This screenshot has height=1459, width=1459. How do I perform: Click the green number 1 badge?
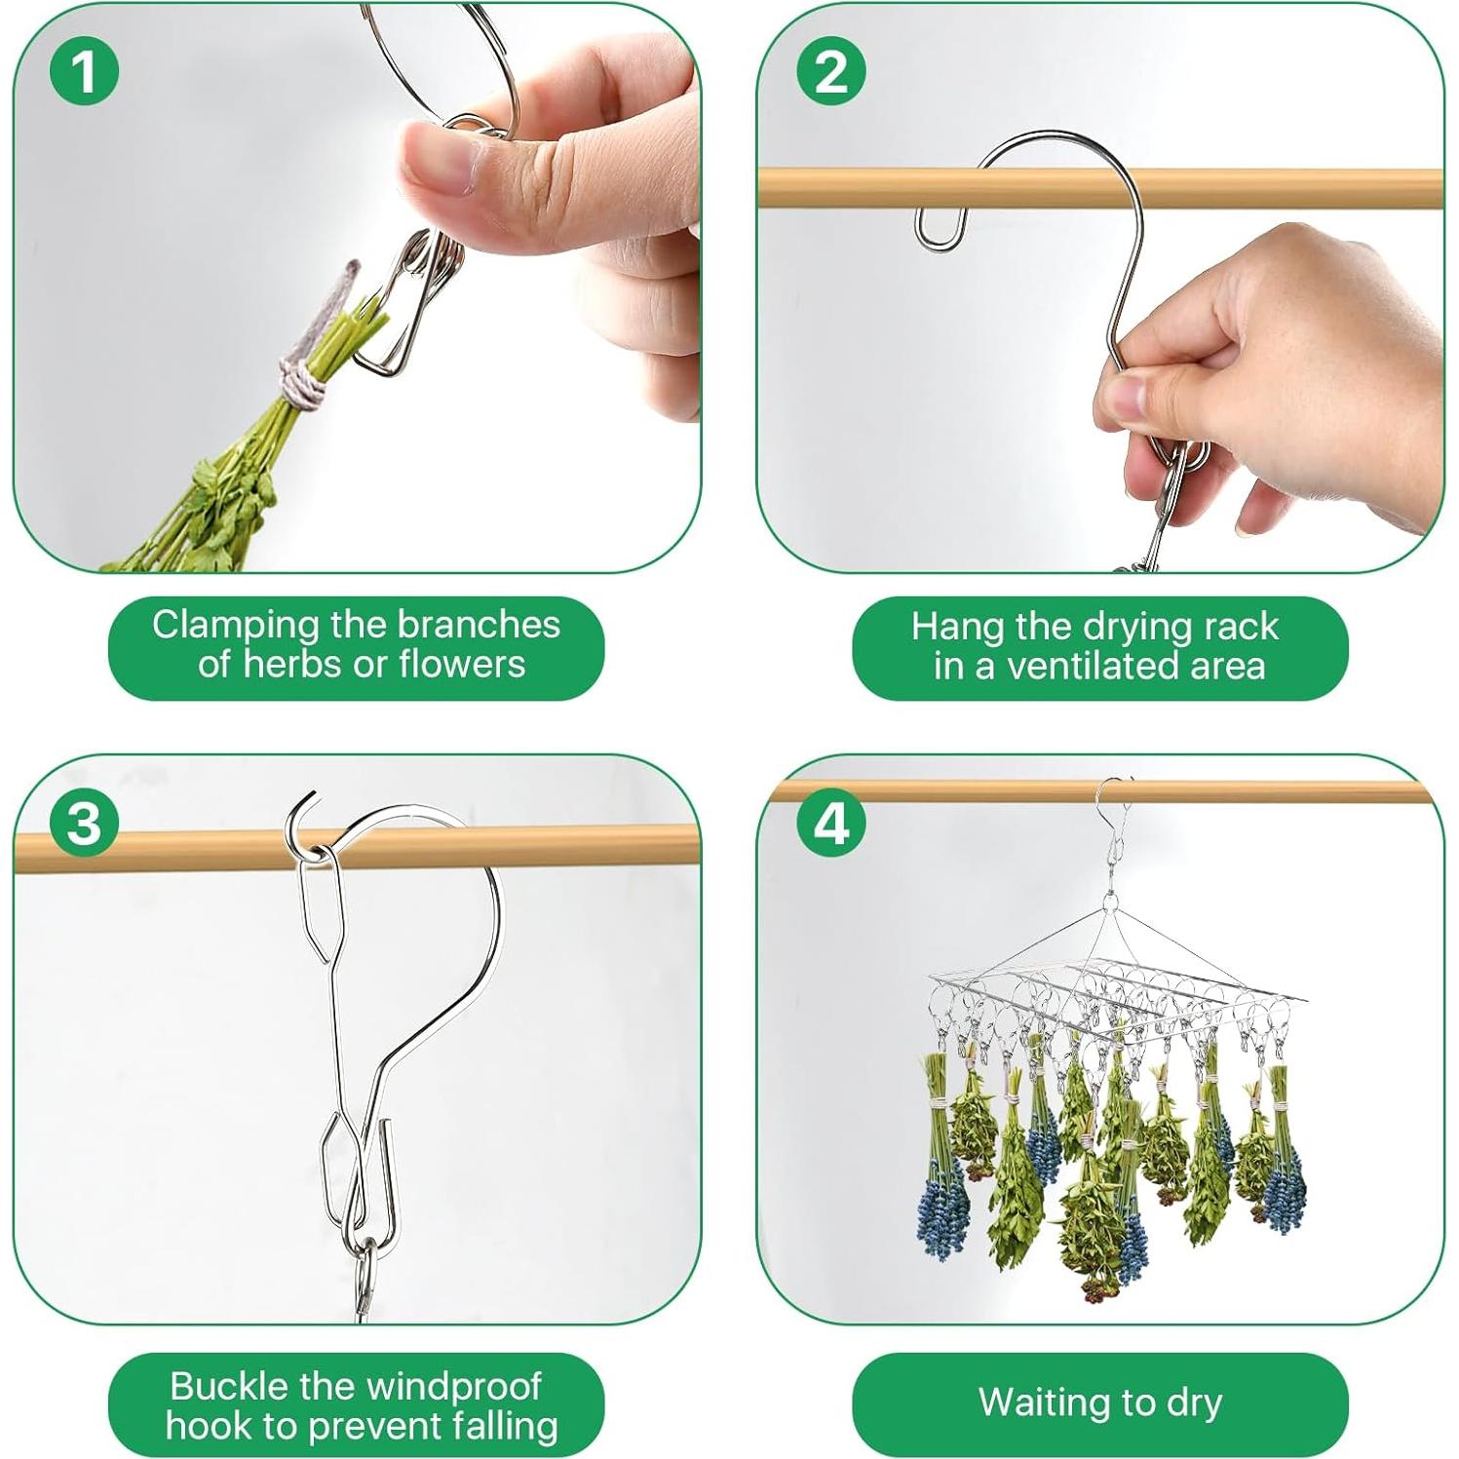tap(85, 71)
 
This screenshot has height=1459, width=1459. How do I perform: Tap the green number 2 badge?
tap(831, 71)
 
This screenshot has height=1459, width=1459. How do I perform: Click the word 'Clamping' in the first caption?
tap(238, 626)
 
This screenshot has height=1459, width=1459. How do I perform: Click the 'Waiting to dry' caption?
tap(1100, 1403)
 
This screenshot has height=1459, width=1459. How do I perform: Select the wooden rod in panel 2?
tap(1100, 188)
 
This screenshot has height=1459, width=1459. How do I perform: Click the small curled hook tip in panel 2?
tap(941, 230)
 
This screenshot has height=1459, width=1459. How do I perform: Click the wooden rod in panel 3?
tap(357, 847)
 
